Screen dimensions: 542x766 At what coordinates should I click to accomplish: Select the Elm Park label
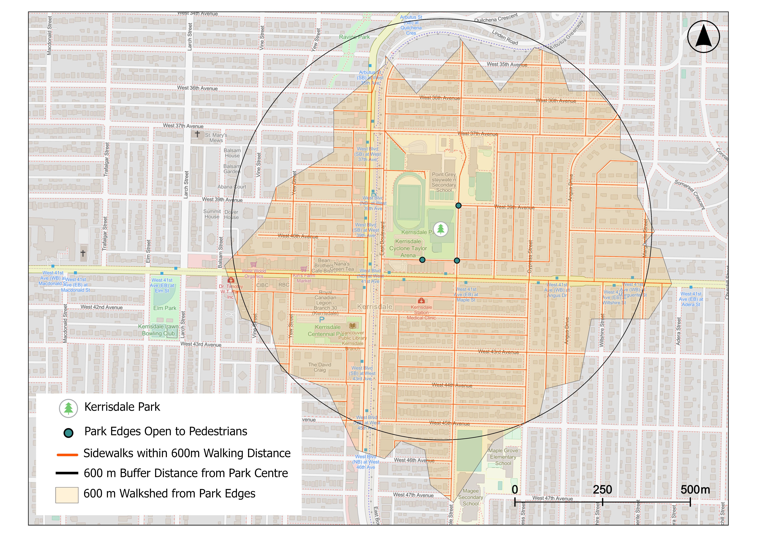tap(165, 308)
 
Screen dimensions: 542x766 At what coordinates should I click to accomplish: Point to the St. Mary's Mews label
tap(216, 138)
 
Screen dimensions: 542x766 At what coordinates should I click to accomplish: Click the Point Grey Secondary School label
tap(444, 182)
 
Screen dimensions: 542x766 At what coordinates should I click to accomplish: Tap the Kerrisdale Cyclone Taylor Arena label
tap(408, 248)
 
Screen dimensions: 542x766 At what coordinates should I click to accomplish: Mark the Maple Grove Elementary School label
tap(503, 457)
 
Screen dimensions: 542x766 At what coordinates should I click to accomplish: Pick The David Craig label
tap(320, 367)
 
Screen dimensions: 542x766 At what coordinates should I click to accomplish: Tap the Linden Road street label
tap(505, 37)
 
